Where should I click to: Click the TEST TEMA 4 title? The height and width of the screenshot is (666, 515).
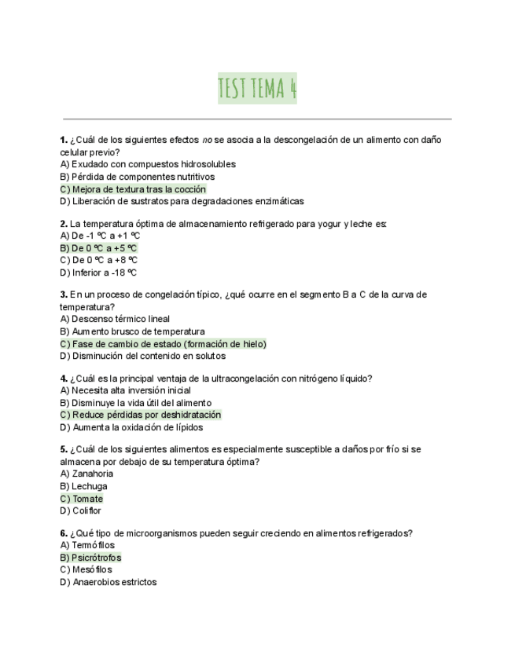(x=257, y=88)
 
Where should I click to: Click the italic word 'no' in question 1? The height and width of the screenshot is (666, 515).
(x=208, y=140)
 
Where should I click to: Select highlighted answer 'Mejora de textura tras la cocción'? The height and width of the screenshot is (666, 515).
(x=134, y=189)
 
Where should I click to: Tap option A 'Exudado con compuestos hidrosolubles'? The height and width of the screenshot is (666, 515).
(x=148, y=164)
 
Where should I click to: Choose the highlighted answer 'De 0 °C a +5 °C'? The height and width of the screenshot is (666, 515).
(x=99, y=248)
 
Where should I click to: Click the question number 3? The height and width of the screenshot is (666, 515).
(x=63, y=295)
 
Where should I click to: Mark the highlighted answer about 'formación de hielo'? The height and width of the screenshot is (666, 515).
(x=164, y=344)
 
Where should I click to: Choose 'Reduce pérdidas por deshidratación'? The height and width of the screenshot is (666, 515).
(x=141, y=415)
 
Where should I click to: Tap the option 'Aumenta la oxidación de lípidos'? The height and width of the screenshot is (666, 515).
(x=132, y=427)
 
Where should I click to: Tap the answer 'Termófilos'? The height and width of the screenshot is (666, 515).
(x=87, y=545)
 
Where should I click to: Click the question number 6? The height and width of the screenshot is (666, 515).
(x=63, y=533)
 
